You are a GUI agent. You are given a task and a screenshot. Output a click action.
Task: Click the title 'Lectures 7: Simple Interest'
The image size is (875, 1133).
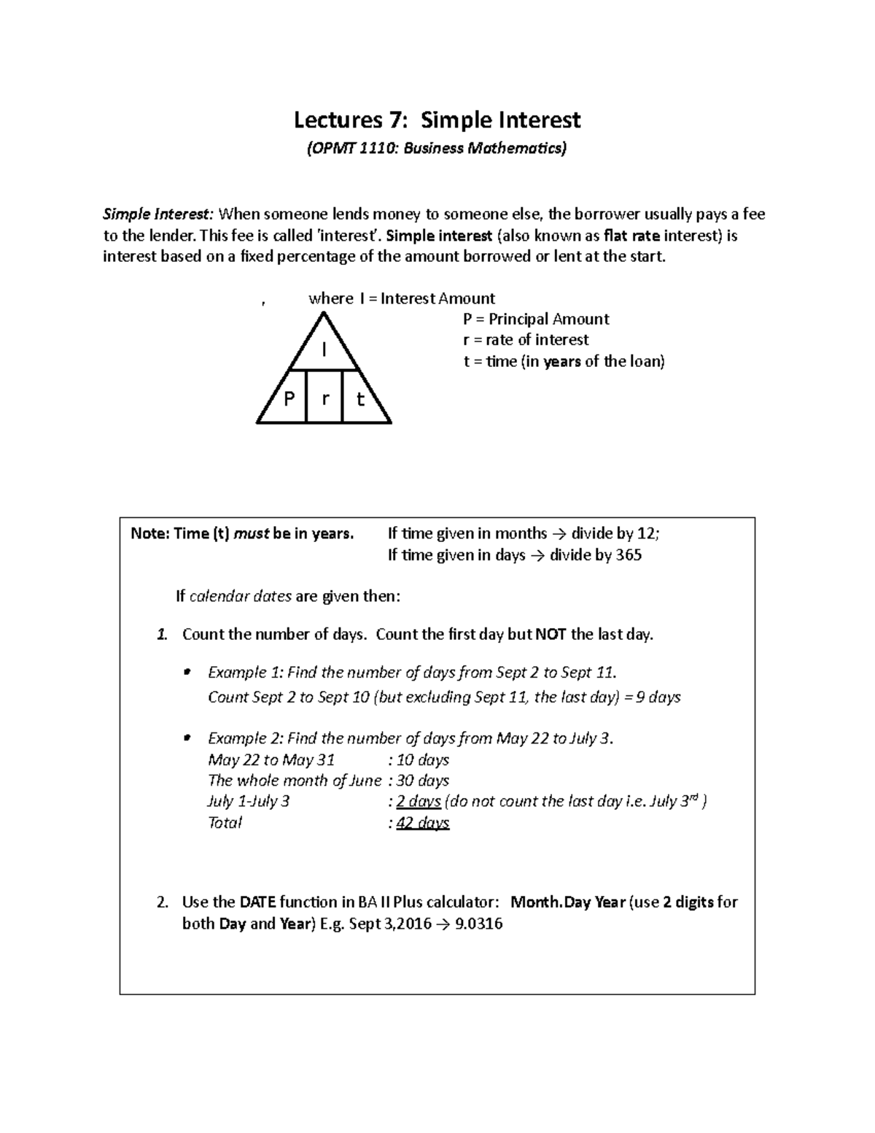coord(437,120)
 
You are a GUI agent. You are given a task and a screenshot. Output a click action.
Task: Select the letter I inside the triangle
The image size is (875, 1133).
coord(324,351)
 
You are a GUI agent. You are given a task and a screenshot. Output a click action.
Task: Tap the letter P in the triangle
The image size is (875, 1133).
coord(289,399)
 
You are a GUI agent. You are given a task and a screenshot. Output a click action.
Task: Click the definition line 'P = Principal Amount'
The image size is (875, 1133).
coord(536,319)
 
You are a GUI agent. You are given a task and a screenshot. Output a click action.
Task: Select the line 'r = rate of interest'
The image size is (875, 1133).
coord(526,340)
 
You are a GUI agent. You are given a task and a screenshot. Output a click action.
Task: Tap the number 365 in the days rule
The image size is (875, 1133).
coord(629,555)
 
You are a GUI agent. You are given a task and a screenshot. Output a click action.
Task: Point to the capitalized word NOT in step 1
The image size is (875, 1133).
coord(551,635)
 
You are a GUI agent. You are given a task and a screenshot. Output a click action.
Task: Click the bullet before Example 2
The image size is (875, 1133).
coord(187,738)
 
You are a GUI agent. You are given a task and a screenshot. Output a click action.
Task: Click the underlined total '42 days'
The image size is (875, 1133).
coord(422,823)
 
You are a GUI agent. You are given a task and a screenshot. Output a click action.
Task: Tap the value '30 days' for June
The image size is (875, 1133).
coord(422,781)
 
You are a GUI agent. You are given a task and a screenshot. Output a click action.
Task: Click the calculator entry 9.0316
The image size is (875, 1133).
coord(478,924)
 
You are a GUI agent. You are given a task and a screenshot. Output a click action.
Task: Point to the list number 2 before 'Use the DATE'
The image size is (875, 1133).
coord(163,902)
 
